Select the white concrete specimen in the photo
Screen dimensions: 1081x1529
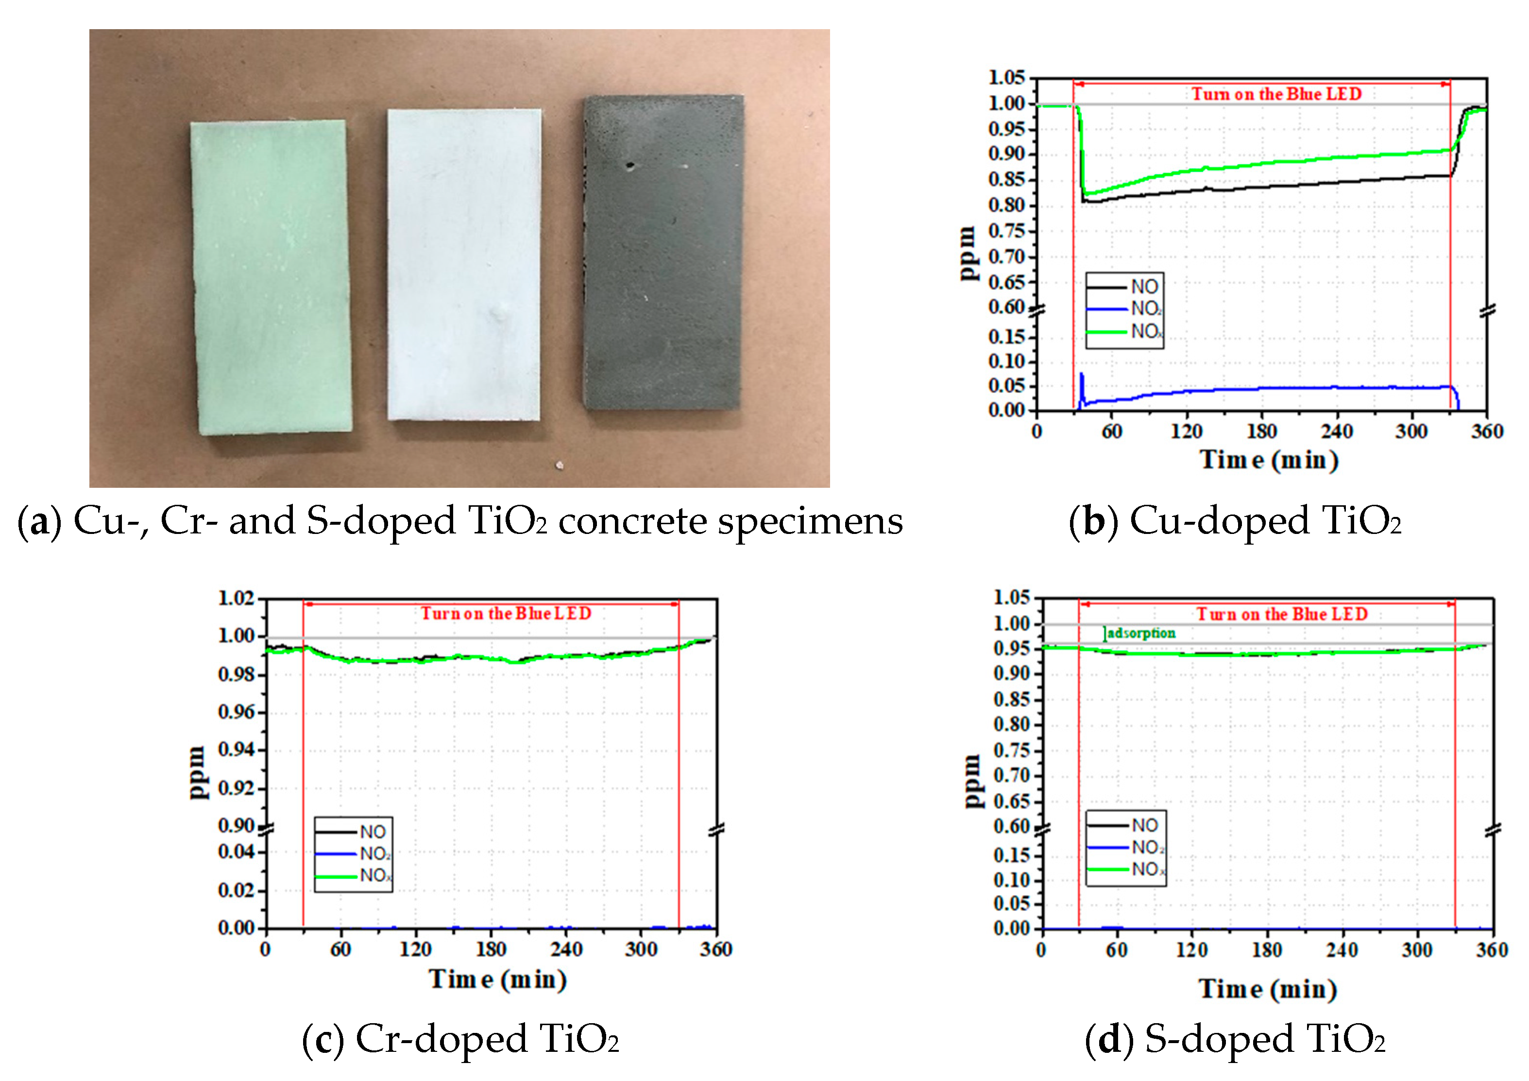pyautogui.click(x=464, y=264)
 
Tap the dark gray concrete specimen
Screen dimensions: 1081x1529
pyautogui.click(x=663, y=252)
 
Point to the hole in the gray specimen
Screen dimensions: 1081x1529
pyautogui.click(x=629, y=165)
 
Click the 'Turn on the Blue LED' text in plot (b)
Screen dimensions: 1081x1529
pyautogui.click(x=1276, y=94)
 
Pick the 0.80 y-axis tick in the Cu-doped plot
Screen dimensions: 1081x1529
pyautogui.click(x=1006, y=205)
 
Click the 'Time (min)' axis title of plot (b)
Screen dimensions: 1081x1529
pyautogui.click(x=1269, y=460)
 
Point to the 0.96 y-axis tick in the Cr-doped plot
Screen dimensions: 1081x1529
pyautogui.click(x=237, y=713)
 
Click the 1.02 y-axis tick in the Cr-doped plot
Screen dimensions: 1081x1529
pyautogui.click(x=237, y=598)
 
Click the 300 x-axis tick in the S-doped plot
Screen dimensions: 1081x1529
pyautogui.click(x=1417, y=950)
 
